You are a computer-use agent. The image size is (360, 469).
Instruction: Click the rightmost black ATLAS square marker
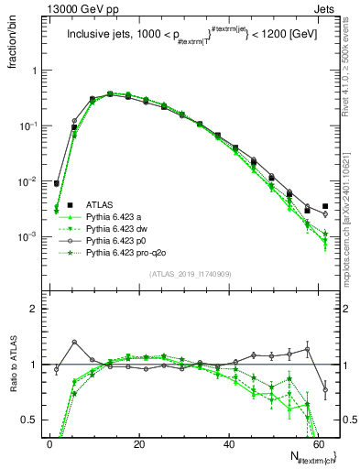point(325,206)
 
